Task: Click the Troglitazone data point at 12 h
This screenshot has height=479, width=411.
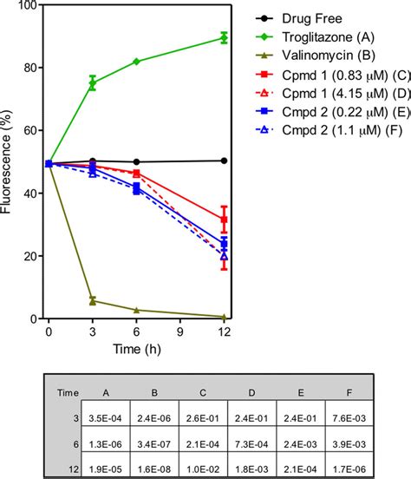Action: pos(225,37)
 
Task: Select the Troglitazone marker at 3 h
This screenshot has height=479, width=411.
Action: pos(93,83)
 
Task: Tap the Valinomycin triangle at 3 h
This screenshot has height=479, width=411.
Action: pos(93,301)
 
